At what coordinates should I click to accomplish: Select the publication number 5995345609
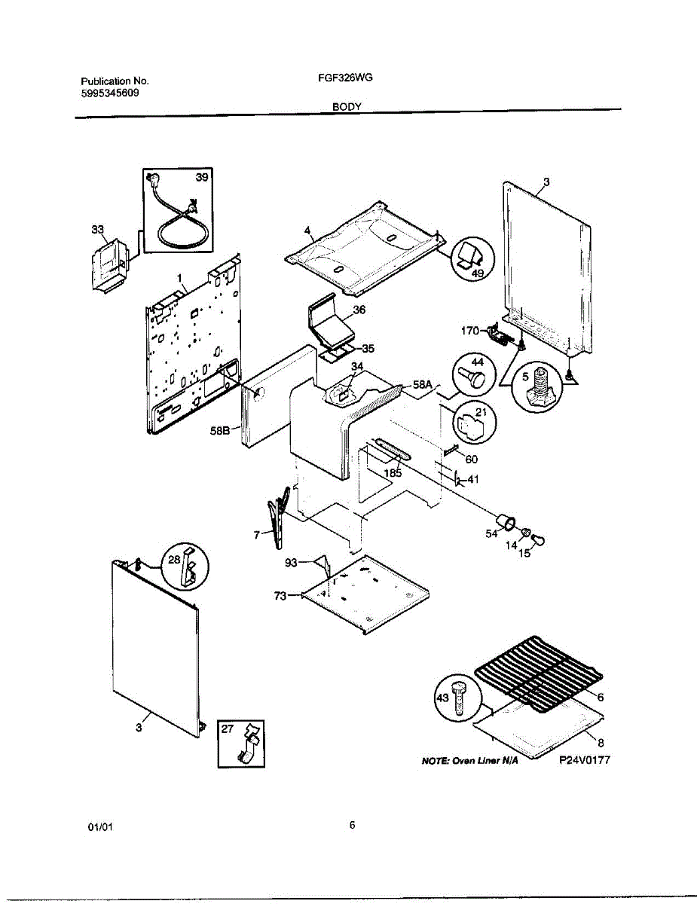(109, 93)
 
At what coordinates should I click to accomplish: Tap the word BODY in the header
(348, 107)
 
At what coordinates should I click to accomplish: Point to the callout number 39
(202, 177)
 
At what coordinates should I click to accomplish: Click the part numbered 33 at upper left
(107, 264)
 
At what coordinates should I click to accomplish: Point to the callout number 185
(393, 474)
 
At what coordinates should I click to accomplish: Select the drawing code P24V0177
(584, 760)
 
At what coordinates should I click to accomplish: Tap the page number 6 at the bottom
(352, 825)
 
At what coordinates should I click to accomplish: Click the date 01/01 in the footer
(100, 827)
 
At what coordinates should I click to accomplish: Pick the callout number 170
(470, 330)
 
